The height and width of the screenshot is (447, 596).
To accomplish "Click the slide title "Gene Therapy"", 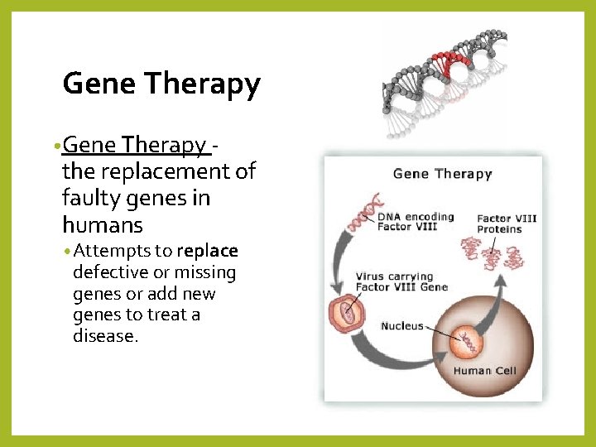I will click(x=161, y=84).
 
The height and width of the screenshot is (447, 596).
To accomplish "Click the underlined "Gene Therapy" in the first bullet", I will click(x=136, y=145).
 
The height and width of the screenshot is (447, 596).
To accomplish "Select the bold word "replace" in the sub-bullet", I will click(x=207, y=251).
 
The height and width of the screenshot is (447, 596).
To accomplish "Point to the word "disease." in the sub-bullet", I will click(x=104, y=336).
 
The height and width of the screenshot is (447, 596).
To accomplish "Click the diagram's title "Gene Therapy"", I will click(x=442, y=174).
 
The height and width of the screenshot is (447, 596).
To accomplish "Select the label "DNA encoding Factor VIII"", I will click(x=416, y=221).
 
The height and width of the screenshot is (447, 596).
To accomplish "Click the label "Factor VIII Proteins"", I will click(x=507, y=223).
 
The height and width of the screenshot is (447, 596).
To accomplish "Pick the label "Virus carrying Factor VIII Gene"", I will click(x=401, y=281).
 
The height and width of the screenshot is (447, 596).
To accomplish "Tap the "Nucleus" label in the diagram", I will click(x=401, y=326).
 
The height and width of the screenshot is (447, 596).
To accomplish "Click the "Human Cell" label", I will click(x=484, y=371).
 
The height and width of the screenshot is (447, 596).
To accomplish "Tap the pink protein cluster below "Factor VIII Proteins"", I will click(x=493, y=254).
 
